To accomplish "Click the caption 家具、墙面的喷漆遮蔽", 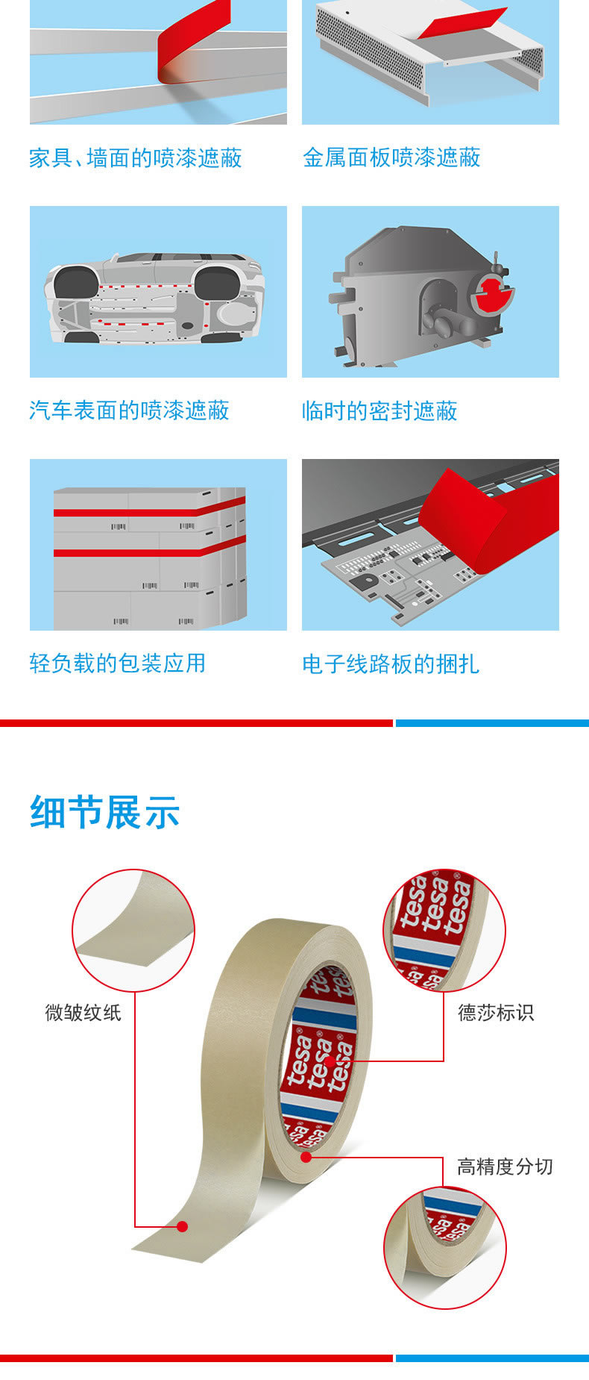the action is coord(136,158).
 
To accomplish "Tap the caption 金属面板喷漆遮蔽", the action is coord(391,157).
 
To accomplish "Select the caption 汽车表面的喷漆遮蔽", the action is coord(129,410).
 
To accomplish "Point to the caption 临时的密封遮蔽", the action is coord(379,410).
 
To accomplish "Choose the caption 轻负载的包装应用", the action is coord(118,663).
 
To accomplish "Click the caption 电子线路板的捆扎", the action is coord(391,664).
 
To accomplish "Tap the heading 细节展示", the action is coord(105,812).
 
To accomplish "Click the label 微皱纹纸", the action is coord(83,1013).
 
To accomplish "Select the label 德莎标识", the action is coord(496,1013).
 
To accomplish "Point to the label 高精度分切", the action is coord(505,1167).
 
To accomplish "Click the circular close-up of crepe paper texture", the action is coord(133,931).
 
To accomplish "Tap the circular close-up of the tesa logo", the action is coord(444,931).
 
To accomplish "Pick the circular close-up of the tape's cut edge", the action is coord(445,1248).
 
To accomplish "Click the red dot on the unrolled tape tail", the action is coord(183,1226).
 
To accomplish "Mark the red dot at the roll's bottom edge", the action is coord(306,1158).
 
